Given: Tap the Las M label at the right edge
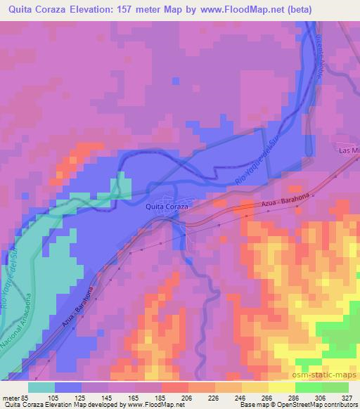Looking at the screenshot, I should point(348,151).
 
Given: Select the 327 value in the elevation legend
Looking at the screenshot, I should point(347,397).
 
